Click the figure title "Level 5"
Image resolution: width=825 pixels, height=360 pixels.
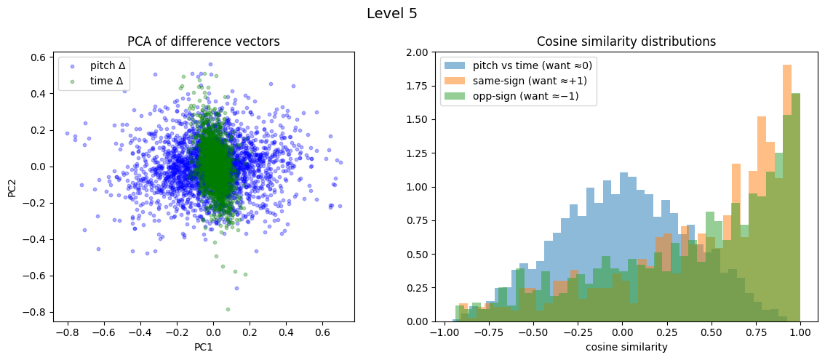pyautogui.click(x=391, y=13)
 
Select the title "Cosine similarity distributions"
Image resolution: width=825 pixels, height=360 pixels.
pyautogui.click(x=626, y=41)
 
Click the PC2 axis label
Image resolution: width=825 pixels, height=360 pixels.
pyautogui.click(x=12, y=187)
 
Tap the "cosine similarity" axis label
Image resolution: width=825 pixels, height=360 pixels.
pyautogui.click(x=626, y=348)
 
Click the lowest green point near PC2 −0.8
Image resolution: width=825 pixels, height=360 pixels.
pyautogui.click(x=228, y=309)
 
